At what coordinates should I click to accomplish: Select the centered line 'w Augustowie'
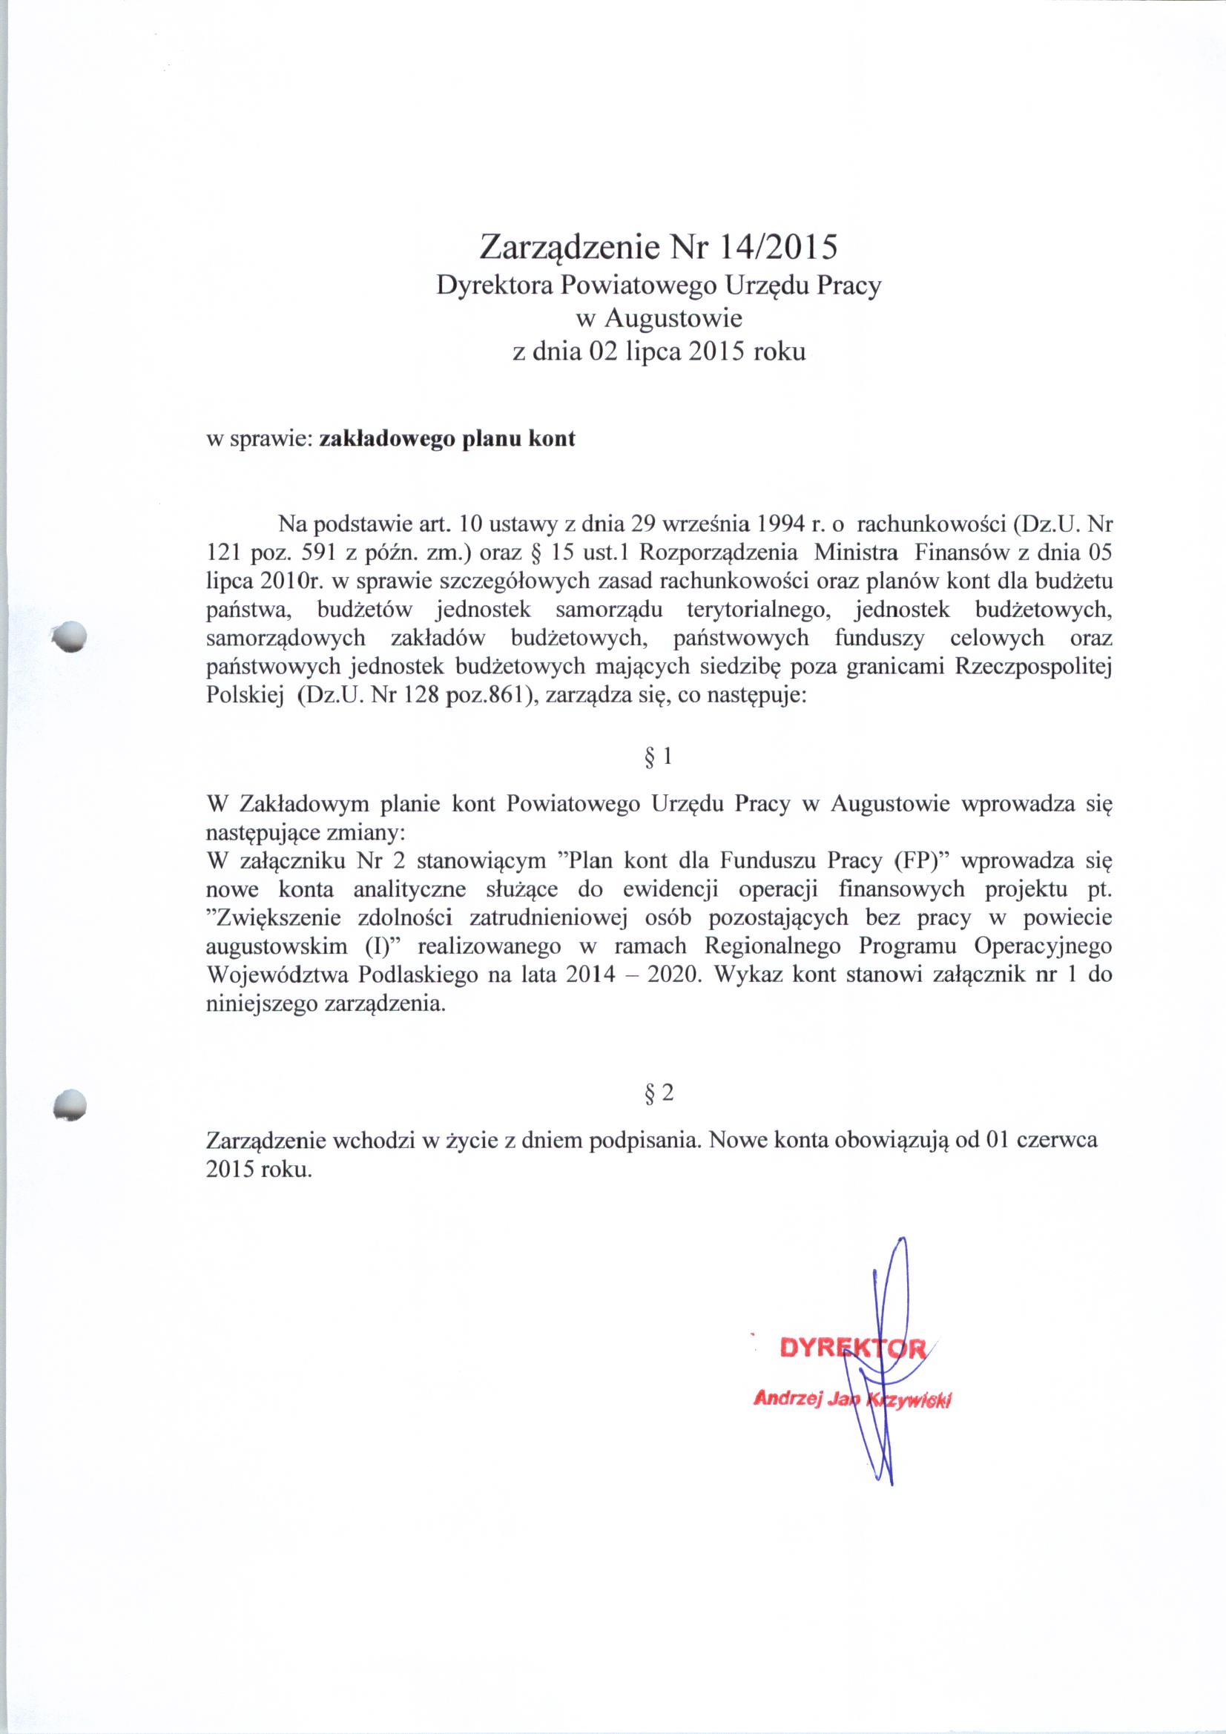click(659, 318)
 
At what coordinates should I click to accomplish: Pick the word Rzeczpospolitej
click(1034, 667)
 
